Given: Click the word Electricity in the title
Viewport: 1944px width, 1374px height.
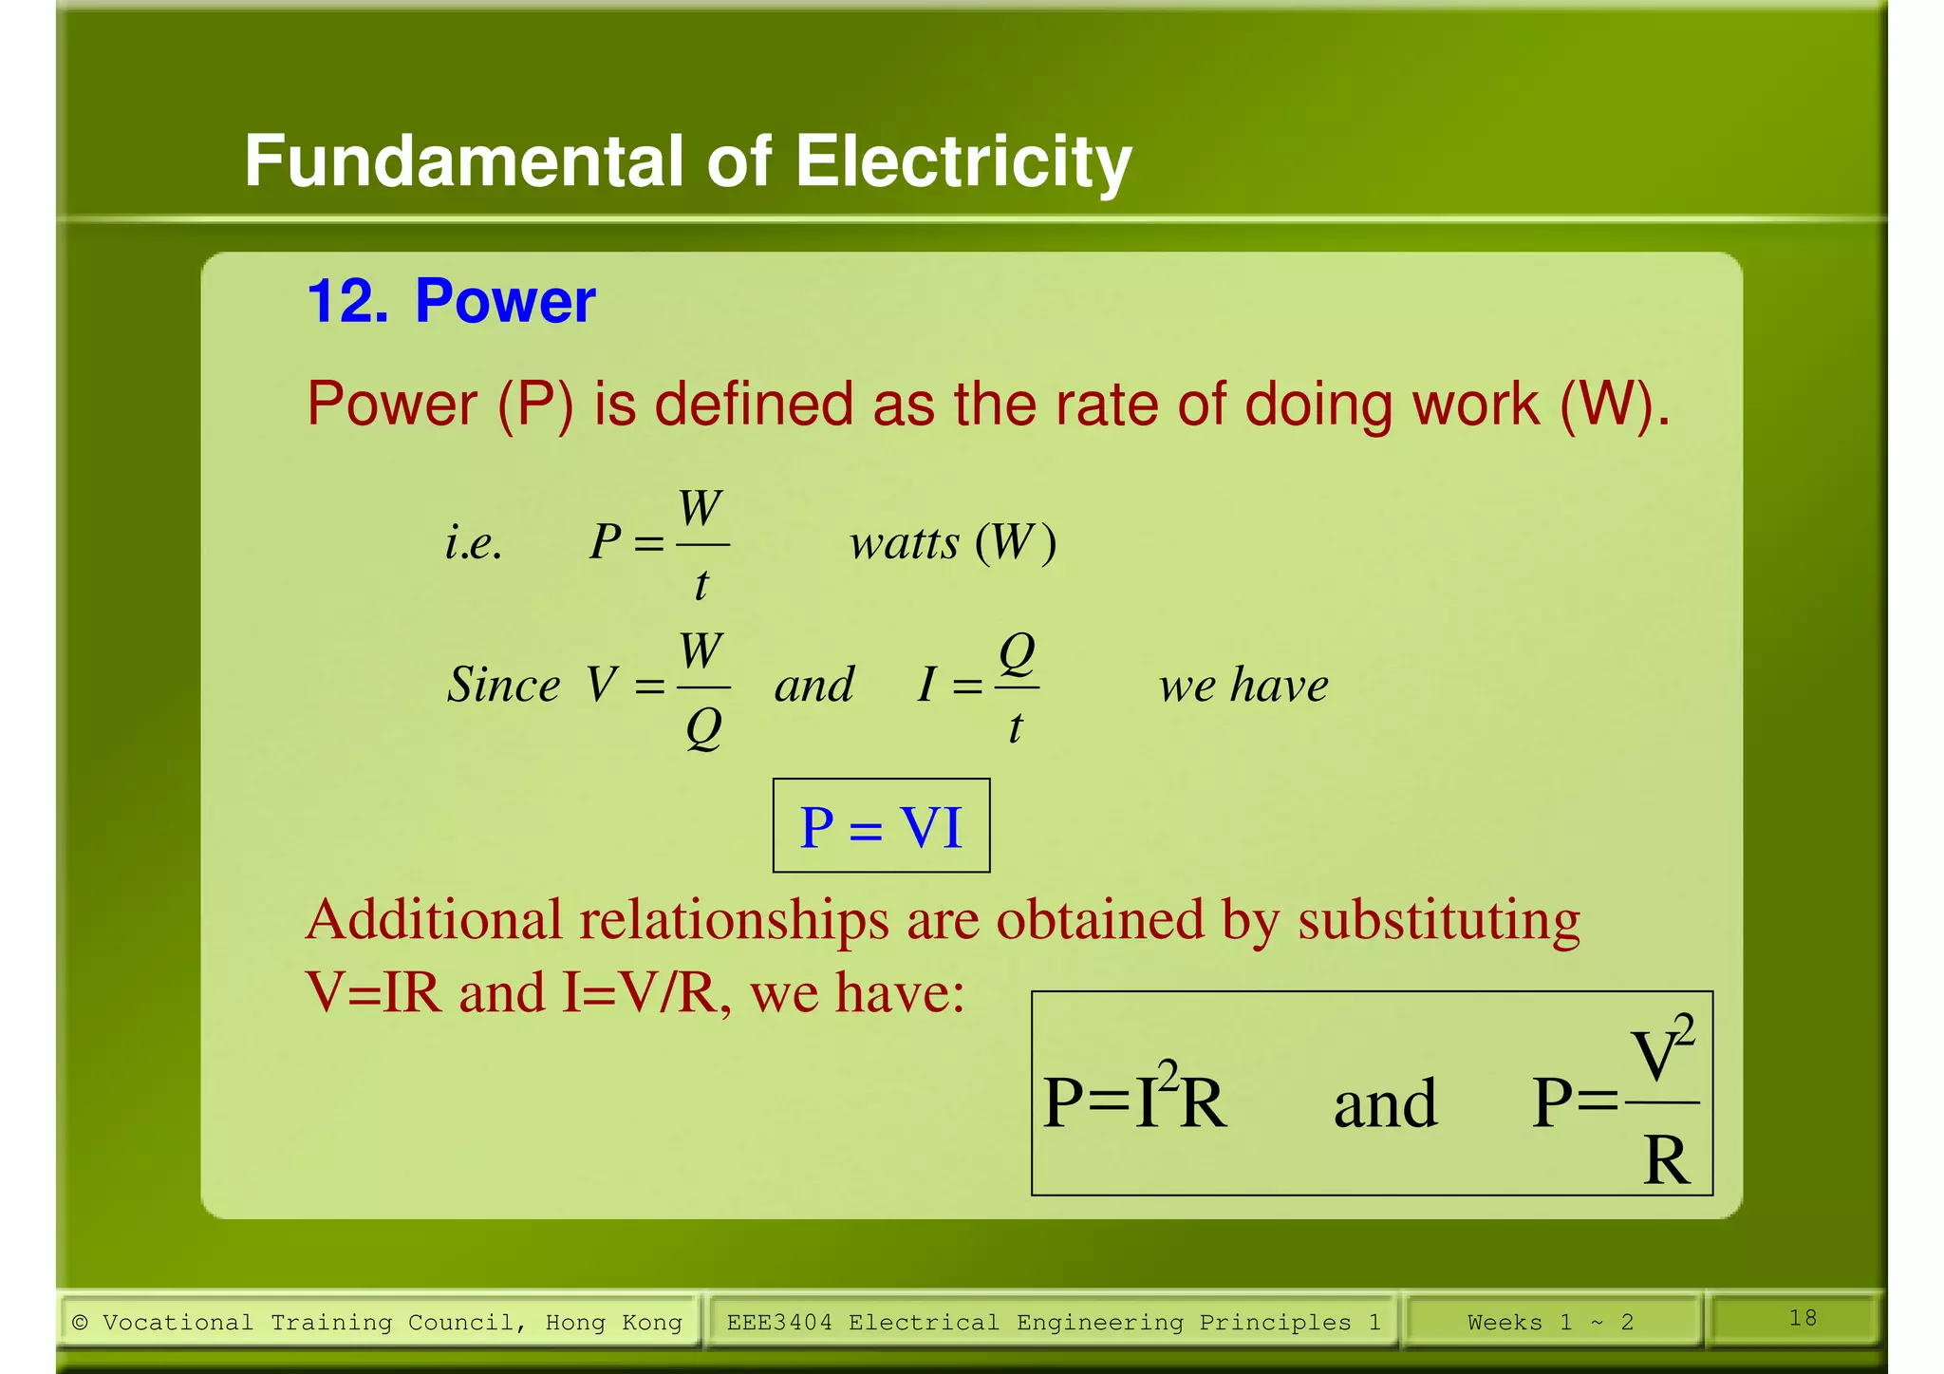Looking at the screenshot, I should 963,161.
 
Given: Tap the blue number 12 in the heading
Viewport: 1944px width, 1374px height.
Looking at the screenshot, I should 337,302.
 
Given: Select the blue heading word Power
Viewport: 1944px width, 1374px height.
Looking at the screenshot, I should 505,302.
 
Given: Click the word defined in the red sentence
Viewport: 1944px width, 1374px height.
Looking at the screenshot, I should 754,405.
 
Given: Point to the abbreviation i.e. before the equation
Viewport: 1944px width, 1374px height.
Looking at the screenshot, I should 474,543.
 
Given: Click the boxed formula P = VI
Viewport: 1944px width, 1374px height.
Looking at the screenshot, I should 881,826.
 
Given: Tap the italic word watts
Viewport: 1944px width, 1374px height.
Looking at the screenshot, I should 905,543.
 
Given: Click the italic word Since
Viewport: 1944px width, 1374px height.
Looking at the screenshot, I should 503,685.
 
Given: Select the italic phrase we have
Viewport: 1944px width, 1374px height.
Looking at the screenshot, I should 1243,685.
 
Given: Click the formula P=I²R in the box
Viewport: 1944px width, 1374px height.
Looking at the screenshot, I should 1134,1101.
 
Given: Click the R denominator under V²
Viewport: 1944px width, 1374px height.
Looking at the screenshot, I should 1666,1160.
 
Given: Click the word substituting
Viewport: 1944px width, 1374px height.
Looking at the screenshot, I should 1438,920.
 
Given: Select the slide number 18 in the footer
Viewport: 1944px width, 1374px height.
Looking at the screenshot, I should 1803,1318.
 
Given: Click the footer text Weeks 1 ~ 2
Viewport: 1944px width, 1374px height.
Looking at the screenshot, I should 1550,1322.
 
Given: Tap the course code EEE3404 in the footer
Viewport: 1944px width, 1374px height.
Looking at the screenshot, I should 778,1322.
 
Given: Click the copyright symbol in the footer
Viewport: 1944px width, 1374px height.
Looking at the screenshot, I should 81,1322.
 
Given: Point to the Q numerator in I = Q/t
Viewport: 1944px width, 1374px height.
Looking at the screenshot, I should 1017,652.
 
